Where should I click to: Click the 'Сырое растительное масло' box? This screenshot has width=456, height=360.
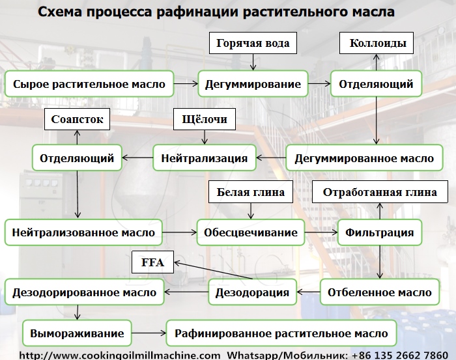click(89, 84)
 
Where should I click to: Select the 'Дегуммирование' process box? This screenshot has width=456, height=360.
click(253, 84)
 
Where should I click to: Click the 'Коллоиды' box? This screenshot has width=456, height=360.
click(378, 44)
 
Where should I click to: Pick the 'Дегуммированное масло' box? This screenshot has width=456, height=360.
click(364, 158)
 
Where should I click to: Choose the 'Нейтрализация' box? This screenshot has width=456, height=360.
click(204, 158)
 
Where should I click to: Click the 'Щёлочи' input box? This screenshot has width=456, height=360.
click(204, 120)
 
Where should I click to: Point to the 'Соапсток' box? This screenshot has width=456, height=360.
click(77, 120)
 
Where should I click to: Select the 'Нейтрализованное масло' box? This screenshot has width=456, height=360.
click(83, 232)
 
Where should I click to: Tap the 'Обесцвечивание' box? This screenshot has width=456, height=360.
click(251, 232)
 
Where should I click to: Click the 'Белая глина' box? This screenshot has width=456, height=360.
click(251, 193)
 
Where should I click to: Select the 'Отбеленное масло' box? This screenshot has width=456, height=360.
click(379, 292)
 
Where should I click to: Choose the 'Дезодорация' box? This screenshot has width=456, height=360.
click(253, 292)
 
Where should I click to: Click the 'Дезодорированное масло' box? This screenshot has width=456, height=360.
click(84, 292)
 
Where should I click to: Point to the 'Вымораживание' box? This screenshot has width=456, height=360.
click(77, 333)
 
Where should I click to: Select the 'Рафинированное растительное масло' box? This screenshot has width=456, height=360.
click(281, 333)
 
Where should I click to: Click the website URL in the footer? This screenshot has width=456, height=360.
click(119, 355)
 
